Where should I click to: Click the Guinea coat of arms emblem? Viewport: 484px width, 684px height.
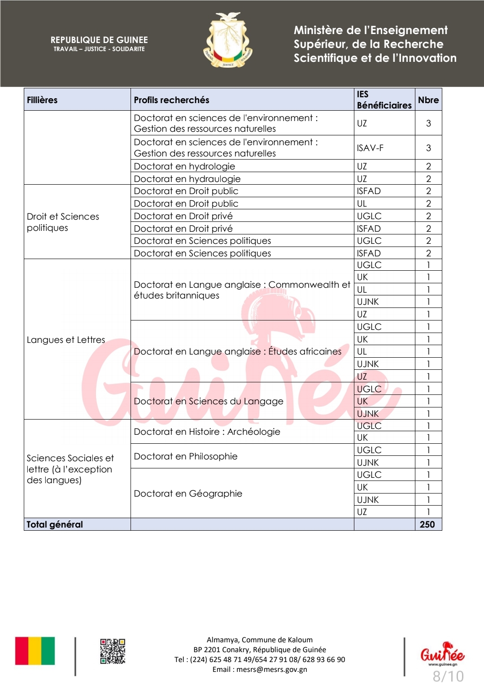pyautogui.click(x=228, y=41)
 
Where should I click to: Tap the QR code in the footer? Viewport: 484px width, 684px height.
pyautogui.click(x=113, y=651)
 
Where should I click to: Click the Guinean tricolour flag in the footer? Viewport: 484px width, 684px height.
pyautogui.click(x=35, y=651)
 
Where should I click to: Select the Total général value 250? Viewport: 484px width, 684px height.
pyautogui.click(x=427, y=524)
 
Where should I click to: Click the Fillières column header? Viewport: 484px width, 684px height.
pyautogui.click(x=42, y=100)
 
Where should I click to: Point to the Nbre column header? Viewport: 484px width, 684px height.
pyautogui.click(x=428, y=100)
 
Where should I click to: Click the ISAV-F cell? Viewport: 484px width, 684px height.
pyautogui.click(x=370, y=148)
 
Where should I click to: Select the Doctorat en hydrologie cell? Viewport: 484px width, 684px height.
pyautogui.click(x=184, y=166)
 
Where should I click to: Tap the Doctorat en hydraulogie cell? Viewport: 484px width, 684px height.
pyautogui.click(x=187, y=179)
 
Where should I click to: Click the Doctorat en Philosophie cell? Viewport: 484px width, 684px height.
pyautogui.click(x=186, y=456)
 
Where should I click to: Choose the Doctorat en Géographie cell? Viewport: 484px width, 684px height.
pyautogui.click(x=188, y=494)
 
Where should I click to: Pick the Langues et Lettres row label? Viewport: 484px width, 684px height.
pyautogui.click(x=66, y=340)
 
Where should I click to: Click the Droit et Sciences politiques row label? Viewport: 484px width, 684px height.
pyautogui.click(x=63, y=222)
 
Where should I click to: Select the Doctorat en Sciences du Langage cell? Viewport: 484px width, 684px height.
pyautogui.click(x=209, y=401)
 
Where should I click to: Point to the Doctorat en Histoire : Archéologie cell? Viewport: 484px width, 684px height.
pyautogui.click(x=207, y=432)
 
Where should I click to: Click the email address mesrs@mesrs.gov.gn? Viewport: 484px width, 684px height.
pyautogui.click(x=272, y=669)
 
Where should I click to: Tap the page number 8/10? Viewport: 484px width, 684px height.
pyautogui.click(x=448, y=676)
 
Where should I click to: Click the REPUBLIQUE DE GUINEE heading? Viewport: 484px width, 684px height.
pyautogui.click(x=99, y=40)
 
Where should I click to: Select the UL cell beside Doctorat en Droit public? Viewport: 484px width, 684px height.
pyautogui.click(x=362, y=203)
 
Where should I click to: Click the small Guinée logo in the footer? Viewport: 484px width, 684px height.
pyautogui.click(x=442, y=654)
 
